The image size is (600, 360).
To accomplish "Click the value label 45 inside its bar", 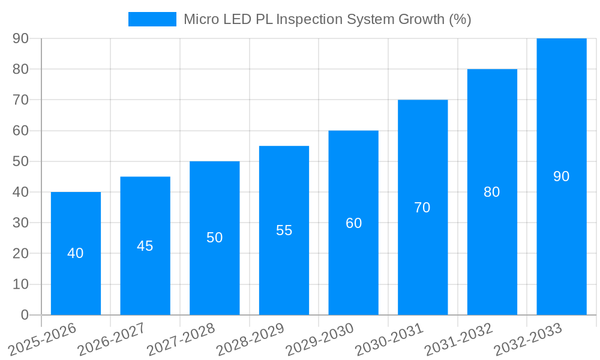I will click(x=145, y=246).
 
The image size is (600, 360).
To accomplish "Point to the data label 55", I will click(x=284, y=230).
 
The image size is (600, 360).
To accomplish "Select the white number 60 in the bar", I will click(x=353, y=223).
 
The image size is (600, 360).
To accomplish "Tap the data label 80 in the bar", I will click(x=491, y=192).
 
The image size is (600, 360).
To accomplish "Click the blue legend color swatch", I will click(x=152, y=19).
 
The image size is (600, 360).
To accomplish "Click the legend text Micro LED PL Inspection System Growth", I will click(x=327, y=19).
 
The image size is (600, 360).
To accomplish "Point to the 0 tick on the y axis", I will click(x=25, y=315).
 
